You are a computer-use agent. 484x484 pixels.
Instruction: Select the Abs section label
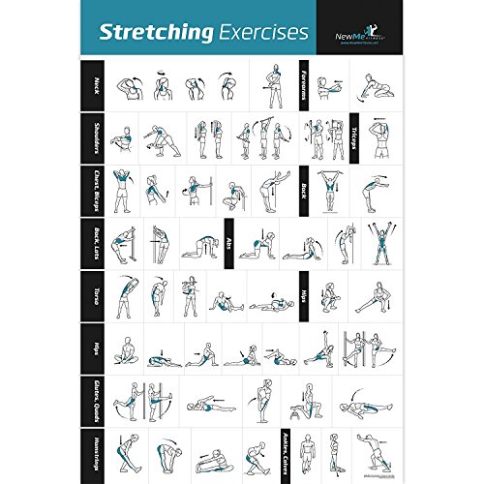coord(228,245)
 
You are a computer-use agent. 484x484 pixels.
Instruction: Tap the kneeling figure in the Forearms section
coord(369,87)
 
